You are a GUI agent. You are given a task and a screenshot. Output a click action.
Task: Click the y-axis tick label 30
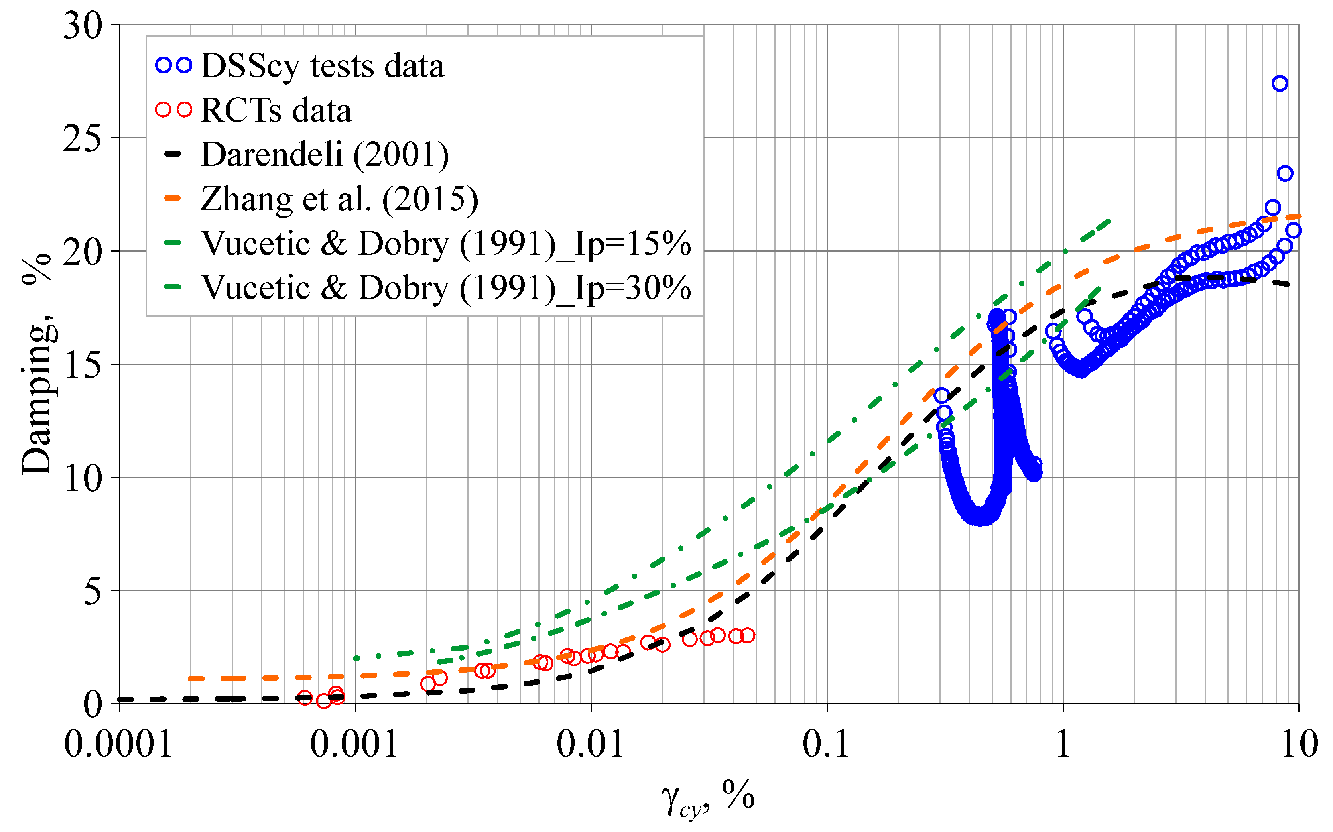click(83, 26)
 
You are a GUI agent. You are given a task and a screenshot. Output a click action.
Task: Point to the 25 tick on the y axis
click(83, 139)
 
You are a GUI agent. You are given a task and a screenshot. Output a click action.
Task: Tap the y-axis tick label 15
click(83, 365)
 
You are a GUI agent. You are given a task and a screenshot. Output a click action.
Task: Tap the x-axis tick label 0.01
click(590, 744)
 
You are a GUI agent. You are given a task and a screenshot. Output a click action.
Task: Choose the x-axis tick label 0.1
click(826, 744)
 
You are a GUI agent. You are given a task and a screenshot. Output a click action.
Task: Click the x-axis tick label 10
click(1299, 744)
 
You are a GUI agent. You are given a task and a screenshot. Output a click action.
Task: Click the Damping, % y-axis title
click(37, 363)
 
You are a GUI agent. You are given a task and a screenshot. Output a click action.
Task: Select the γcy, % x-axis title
click(708, 798)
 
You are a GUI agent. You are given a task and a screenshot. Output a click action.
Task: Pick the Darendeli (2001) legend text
click(325, 154)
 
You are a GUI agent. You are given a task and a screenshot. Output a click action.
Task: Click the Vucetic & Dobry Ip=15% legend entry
click(446, 243)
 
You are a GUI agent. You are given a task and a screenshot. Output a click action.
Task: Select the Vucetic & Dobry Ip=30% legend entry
click(446, 287)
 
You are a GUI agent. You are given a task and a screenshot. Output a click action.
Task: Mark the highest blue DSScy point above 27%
click(1280, 83)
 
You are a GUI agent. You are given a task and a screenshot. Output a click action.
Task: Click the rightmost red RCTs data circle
click(747, 636)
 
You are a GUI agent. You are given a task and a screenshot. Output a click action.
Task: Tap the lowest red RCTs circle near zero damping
click(324, 701)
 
